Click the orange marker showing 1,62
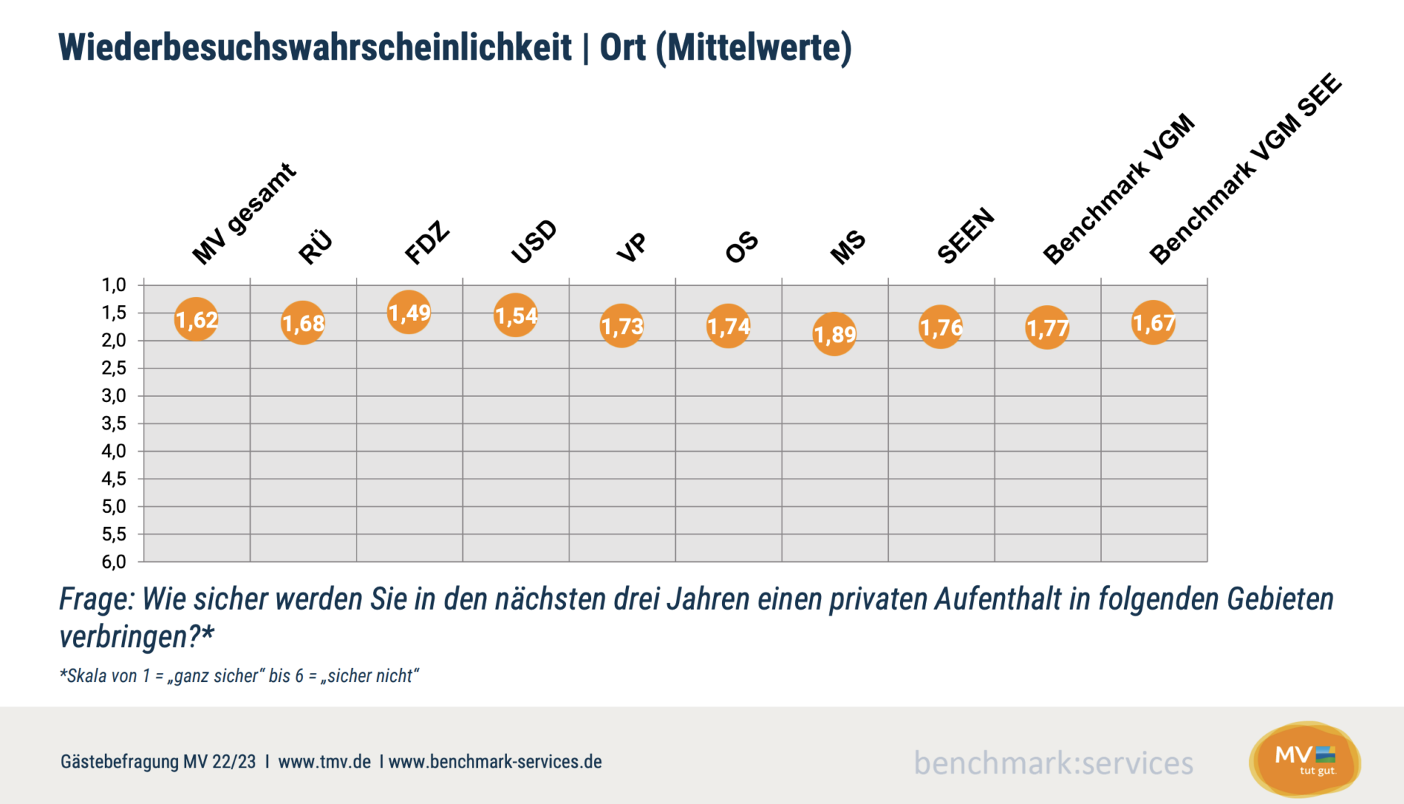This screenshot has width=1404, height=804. (197, 319)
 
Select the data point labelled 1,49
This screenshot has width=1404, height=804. (409, 312)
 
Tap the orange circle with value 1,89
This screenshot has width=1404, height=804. (835, 334)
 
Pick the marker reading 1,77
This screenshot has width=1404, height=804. (1047, 328)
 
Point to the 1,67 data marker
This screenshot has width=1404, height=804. (1153, 322)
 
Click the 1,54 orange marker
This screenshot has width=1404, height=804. (515, 316)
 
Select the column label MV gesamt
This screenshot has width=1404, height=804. (243, 214)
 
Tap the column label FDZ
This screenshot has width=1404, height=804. (427, 243)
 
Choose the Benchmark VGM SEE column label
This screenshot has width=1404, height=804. (1245, 169)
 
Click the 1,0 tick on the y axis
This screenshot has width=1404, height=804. (114, 285)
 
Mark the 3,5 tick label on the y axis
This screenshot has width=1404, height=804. (114, 424)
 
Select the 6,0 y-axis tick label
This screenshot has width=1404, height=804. (114, 562)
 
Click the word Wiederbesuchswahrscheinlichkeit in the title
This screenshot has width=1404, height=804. (315, 48)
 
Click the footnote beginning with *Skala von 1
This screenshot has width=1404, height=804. (239, 676)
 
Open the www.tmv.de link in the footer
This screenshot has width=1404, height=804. (325, 762)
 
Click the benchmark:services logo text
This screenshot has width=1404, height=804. (1053, 763)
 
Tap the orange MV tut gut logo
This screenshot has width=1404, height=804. (1305, 760)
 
